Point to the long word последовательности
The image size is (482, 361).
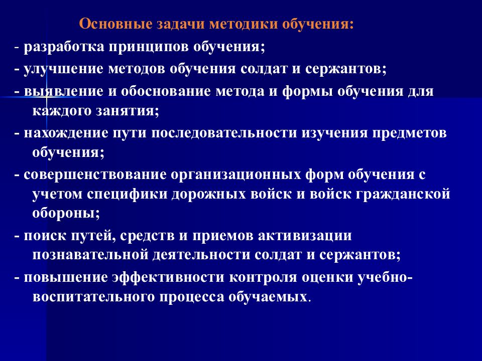226,133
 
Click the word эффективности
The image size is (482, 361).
157,277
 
